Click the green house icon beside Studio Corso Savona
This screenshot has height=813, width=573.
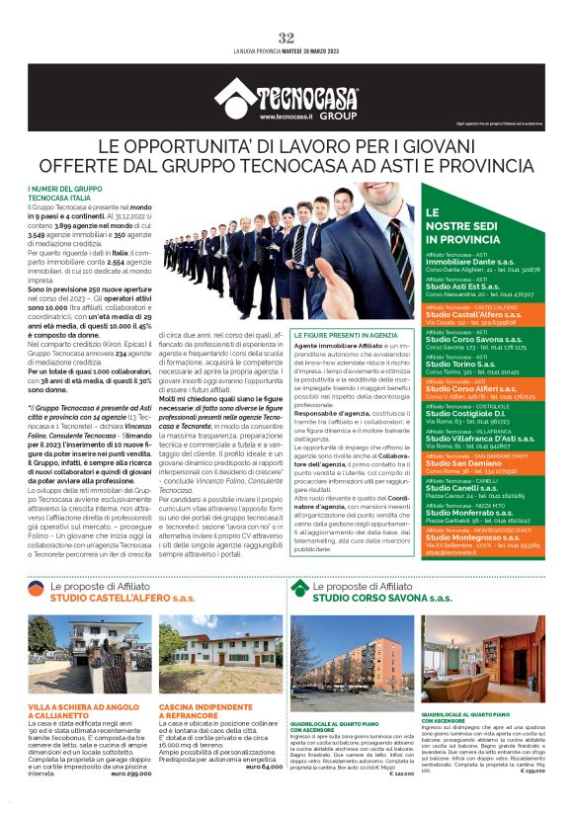300,590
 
